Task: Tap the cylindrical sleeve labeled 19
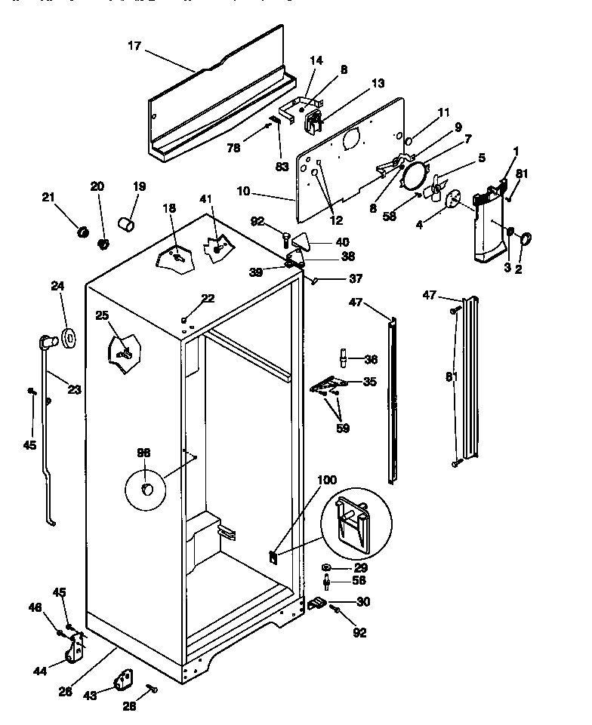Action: click(x=127, y=223)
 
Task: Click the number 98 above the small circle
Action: click(x=143, y=453)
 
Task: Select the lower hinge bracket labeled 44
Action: click(x=74, y=650)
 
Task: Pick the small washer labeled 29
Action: click(x=325, y=567)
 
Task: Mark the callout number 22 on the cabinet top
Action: click(x=208, y=299)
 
